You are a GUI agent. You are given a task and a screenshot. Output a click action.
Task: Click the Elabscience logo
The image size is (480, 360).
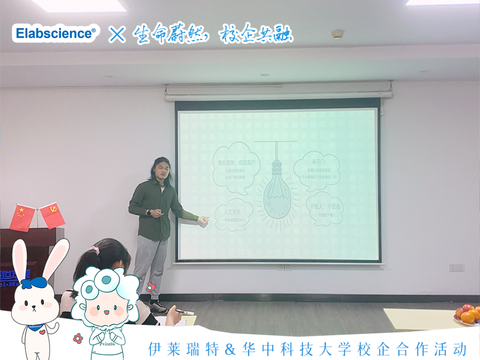pyautogui.click(x=56, y=33)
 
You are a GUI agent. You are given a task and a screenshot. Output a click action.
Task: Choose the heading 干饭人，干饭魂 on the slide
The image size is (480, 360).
pyautogui.click(x=325, y=206)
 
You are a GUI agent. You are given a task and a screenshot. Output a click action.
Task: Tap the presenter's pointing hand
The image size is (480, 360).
pyautogui.click(x=203, y=220)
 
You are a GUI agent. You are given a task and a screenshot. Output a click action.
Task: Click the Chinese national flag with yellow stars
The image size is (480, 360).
pyautogui.click(x=22, y=218)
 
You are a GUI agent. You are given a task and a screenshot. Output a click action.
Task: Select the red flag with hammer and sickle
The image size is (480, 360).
pyautogui.click(x=52, y=215)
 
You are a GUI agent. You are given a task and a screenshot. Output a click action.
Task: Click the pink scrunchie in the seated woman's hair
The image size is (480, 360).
pyautogui.click(x=94, y=250)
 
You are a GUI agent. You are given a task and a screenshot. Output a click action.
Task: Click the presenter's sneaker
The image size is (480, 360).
pyautogui.click(x=158, y=307)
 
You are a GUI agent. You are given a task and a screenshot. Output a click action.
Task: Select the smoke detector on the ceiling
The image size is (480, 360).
pyautogui.click(x=338, y=34)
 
